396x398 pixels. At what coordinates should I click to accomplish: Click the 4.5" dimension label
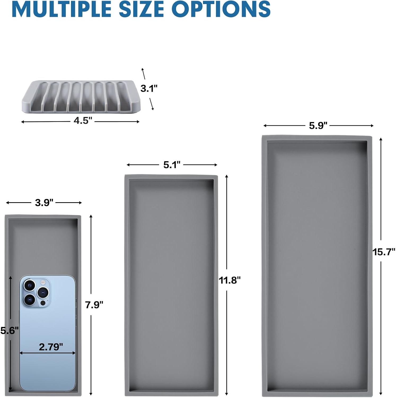(83, 121)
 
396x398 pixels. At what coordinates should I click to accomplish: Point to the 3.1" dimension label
(149, 88)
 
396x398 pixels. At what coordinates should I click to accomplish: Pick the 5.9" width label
(318, 126)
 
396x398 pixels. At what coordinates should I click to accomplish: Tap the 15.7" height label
(384, 252)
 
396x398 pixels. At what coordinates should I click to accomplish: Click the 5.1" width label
(172, 165)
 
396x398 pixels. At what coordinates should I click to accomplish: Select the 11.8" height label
(230, 280)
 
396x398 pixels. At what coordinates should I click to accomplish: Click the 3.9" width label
(44, 203)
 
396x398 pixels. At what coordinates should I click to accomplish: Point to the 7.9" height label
(94, 305)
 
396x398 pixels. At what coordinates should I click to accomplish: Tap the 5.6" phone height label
(10, 331)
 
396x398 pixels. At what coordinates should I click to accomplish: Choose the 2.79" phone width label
(51, 347)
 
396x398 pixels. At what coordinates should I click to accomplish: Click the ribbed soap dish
(81, 97)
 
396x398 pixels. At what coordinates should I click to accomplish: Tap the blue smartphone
(47, 333)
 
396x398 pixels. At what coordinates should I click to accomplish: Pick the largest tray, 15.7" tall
(317, 266)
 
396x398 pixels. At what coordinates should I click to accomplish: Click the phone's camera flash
(42, 282)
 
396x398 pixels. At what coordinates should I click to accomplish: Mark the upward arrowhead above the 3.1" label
(143, 70)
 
